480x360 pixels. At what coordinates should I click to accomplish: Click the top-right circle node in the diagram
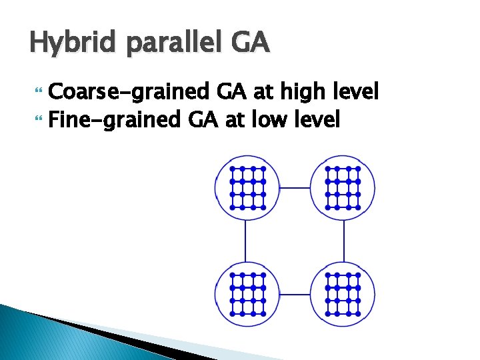(x=342, y=188)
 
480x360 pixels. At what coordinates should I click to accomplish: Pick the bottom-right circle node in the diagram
(x=342, y=293)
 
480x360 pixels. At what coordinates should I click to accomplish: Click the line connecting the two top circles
(x=295, y=188)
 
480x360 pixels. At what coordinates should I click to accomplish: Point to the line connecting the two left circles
(x=246, y=241)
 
